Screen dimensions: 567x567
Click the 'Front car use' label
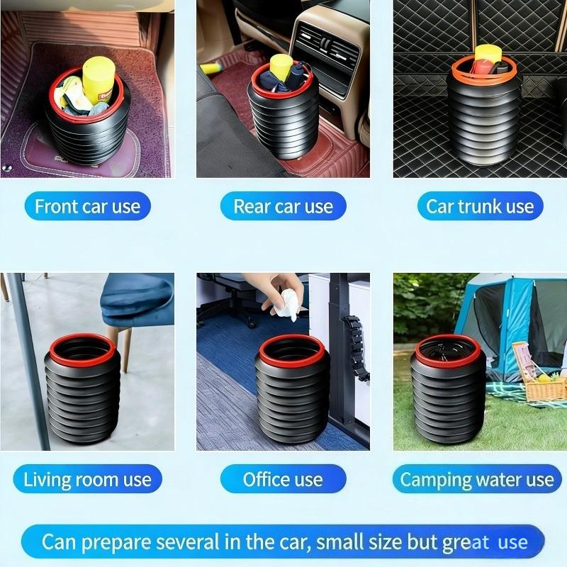pos(88,206)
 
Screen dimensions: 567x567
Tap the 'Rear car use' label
pos(283,206)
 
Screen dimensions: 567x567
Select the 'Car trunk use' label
pos(479,206)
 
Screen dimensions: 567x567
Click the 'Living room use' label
pos(87,479)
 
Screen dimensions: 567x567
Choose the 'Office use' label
pos(283,479)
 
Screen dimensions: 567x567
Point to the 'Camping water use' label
pos(476,479)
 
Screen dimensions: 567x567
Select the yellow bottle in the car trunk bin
pos(488,55)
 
